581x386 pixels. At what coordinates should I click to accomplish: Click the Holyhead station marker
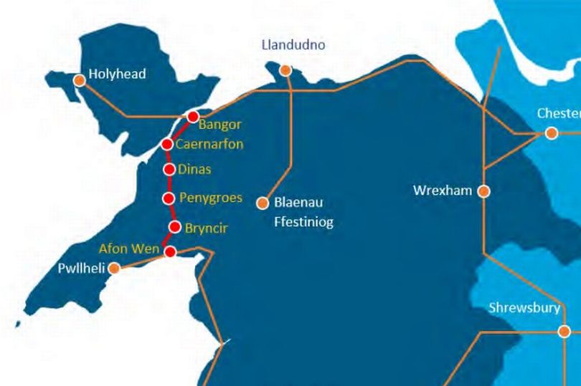tap(80, 80)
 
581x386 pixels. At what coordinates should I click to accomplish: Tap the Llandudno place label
tap(295, 45)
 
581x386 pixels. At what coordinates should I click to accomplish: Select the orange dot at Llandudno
tap(286, 69)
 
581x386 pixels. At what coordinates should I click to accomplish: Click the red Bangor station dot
tap(192, 116)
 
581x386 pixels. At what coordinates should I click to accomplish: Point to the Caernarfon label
tap(209, 144)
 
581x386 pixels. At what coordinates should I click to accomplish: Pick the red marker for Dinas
tap(169, 170)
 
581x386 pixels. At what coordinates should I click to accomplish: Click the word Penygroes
tap(210, 198)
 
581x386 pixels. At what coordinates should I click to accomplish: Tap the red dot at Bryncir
tap(174, 227)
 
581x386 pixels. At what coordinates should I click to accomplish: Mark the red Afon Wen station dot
tap(170, 251)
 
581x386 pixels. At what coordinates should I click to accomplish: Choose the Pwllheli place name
tap(82, 269)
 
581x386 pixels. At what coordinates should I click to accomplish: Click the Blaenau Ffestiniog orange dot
tap(263, 203)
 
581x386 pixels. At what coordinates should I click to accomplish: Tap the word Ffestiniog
tap(303, 222)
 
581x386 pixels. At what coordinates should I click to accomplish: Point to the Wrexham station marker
tap(484, 191)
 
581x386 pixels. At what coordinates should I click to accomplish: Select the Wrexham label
tap(443, 191)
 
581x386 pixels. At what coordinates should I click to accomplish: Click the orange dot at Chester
tap(551, 132)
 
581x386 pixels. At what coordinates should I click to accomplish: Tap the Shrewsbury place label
tap(524, 309)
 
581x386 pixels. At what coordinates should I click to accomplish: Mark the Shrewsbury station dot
tap(565, 331)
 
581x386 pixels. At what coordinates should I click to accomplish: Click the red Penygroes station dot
tap(169, 198)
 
